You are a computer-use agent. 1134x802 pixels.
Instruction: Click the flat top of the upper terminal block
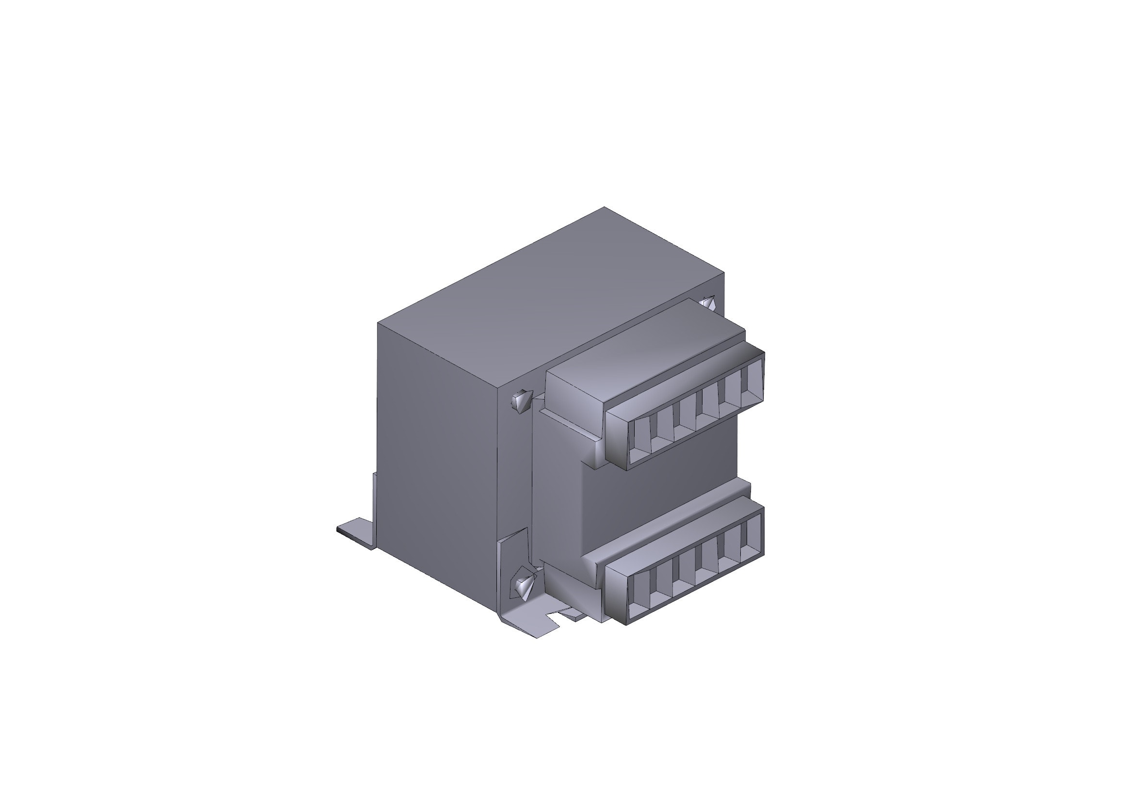click(x=642, y=346)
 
